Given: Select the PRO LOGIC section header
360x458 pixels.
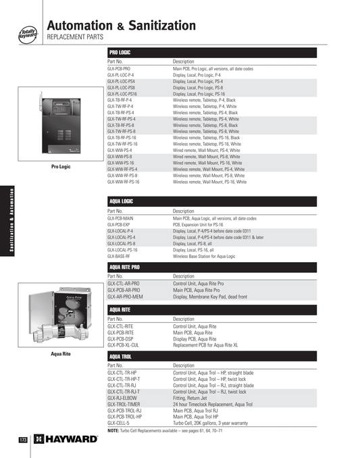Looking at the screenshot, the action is [x=120, y=52].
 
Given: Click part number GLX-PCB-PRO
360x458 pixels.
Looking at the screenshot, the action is [x=119, y=69].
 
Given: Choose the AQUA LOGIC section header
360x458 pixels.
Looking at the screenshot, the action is [x=122, y=201].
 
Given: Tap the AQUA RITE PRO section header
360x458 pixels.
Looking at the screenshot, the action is [x=125, y=267].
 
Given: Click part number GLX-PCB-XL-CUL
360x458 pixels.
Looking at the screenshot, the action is [x=123, y=345].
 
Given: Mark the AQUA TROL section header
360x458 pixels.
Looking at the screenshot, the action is [x=121, y=355].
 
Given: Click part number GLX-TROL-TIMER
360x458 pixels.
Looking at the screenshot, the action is [x=123, y=403].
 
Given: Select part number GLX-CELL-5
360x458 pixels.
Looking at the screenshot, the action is [x=118, y=422].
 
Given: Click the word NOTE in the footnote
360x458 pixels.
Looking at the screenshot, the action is [x=113, y=430].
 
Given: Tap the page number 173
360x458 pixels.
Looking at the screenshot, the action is [x=22, y=440].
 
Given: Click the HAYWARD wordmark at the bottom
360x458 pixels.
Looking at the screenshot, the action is [x=71, y=439].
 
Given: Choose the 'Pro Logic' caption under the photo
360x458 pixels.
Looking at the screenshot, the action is [x=61, y=167].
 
